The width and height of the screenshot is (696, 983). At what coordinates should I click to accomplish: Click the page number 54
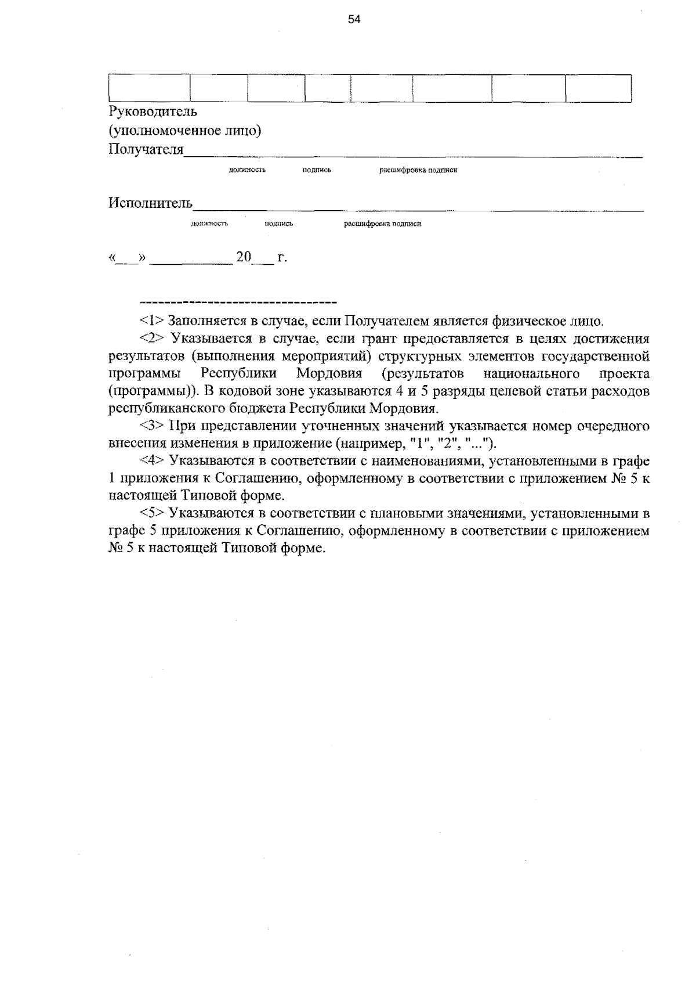[x=354, y=20]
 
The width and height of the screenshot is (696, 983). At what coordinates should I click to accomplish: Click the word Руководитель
[x=153, y=111]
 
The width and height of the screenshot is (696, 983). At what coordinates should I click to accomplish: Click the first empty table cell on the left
[x=150, y=88]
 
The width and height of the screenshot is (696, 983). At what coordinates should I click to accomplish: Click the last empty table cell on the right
[x=598, y=88]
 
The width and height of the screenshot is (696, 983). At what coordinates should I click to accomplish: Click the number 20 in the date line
[x=244, y=257]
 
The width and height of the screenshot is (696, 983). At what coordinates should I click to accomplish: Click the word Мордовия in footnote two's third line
[x=329, y=373]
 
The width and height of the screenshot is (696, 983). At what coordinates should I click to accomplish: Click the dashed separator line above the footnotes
[x=238, y=303]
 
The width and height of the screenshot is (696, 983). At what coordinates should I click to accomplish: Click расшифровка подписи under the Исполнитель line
[x=383, y=224]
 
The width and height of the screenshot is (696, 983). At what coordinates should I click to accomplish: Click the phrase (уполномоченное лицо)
[x=185, y=131]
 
